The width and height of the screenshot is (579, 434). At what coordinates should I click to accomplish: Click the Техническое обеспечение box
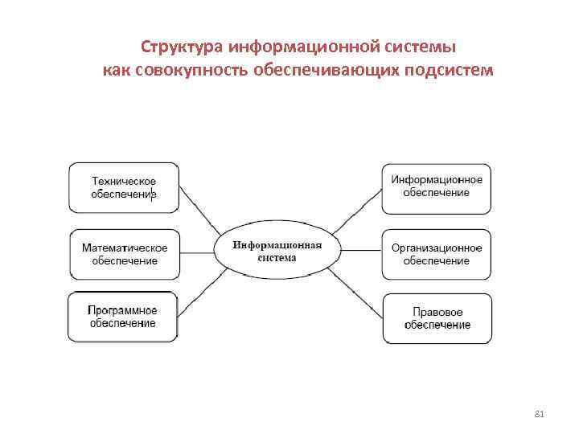click(123, 188)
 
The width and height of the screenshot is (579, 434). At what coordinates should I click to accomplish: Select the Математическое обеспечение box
click(125, 254)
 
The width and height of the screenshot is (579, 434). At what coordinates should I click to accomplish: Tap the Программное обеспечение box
click(122, 317)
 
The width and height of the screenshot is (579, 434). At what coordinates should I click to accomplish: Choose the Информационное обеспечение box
click(436, 187)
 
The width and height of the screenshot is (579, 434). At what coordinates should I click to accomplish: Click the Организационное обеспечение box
click(436, 254)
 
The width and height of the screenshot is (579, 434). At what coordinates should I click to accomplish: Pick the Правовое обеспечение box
click(436, 318)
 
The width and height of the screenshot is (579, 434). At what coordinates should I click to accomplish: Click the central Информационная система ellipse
click(277, 252)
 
